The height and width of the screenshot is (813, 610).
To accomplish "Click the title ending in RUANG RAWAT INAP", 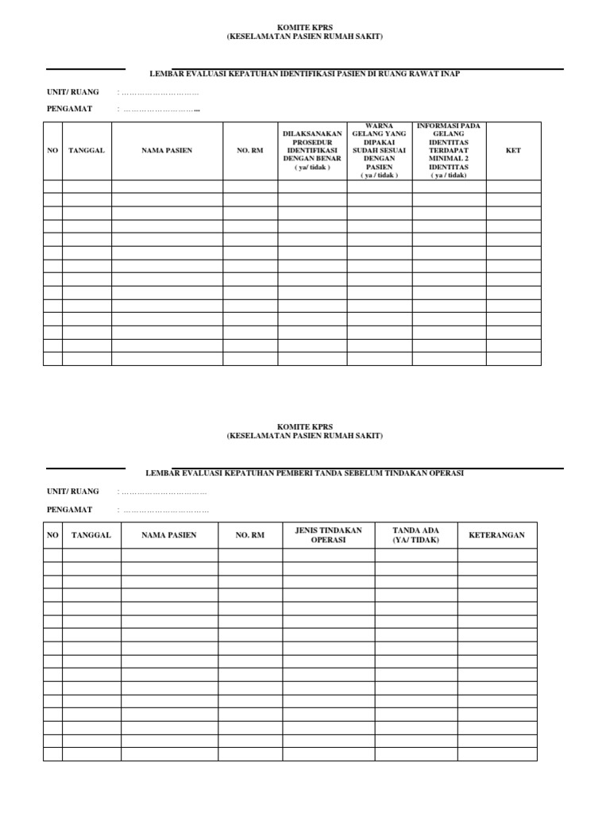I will tap(305, 73).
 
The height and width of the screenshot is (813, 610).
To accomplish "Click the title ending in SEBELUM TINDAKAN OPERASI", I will tap(305, 472).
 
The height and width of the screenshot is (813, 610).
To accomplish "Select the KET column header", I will tap(513, 151).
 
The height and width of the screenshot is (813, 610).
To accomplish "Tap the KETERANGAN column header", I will tap(496, 535).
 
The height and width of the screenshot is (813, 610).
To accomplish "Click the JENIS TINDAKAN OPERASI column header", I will tap(328, 535).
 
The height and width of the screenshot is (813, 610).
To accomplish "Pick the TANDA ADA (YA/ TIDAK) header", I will tap(415, 535).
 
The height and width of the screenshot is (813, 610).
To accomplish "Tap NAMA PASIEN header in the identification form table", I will tap(167, 151).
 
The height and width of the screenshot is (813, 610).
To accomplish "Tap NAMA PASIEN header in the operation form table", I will tap(168, 535).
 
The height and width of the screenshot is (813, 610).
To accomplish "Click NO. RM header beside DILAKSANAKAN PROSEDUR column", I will tap(249, 151).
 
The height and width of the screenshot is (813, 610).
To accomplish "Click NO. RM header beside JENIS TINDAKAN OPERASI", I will tap(249, 535).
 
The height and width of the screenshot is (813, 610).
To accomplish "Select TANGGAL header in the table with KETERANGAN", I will tap(91, 535).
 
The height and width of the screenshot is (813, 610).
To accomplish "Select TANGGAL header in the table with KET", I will tap(87, 151).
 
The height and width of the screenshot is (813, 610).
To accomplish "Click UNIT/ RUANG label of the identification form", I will tap(72, 92).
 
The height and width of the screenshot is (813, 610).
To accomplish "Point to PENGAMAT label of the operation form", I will tap(69, 510).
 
